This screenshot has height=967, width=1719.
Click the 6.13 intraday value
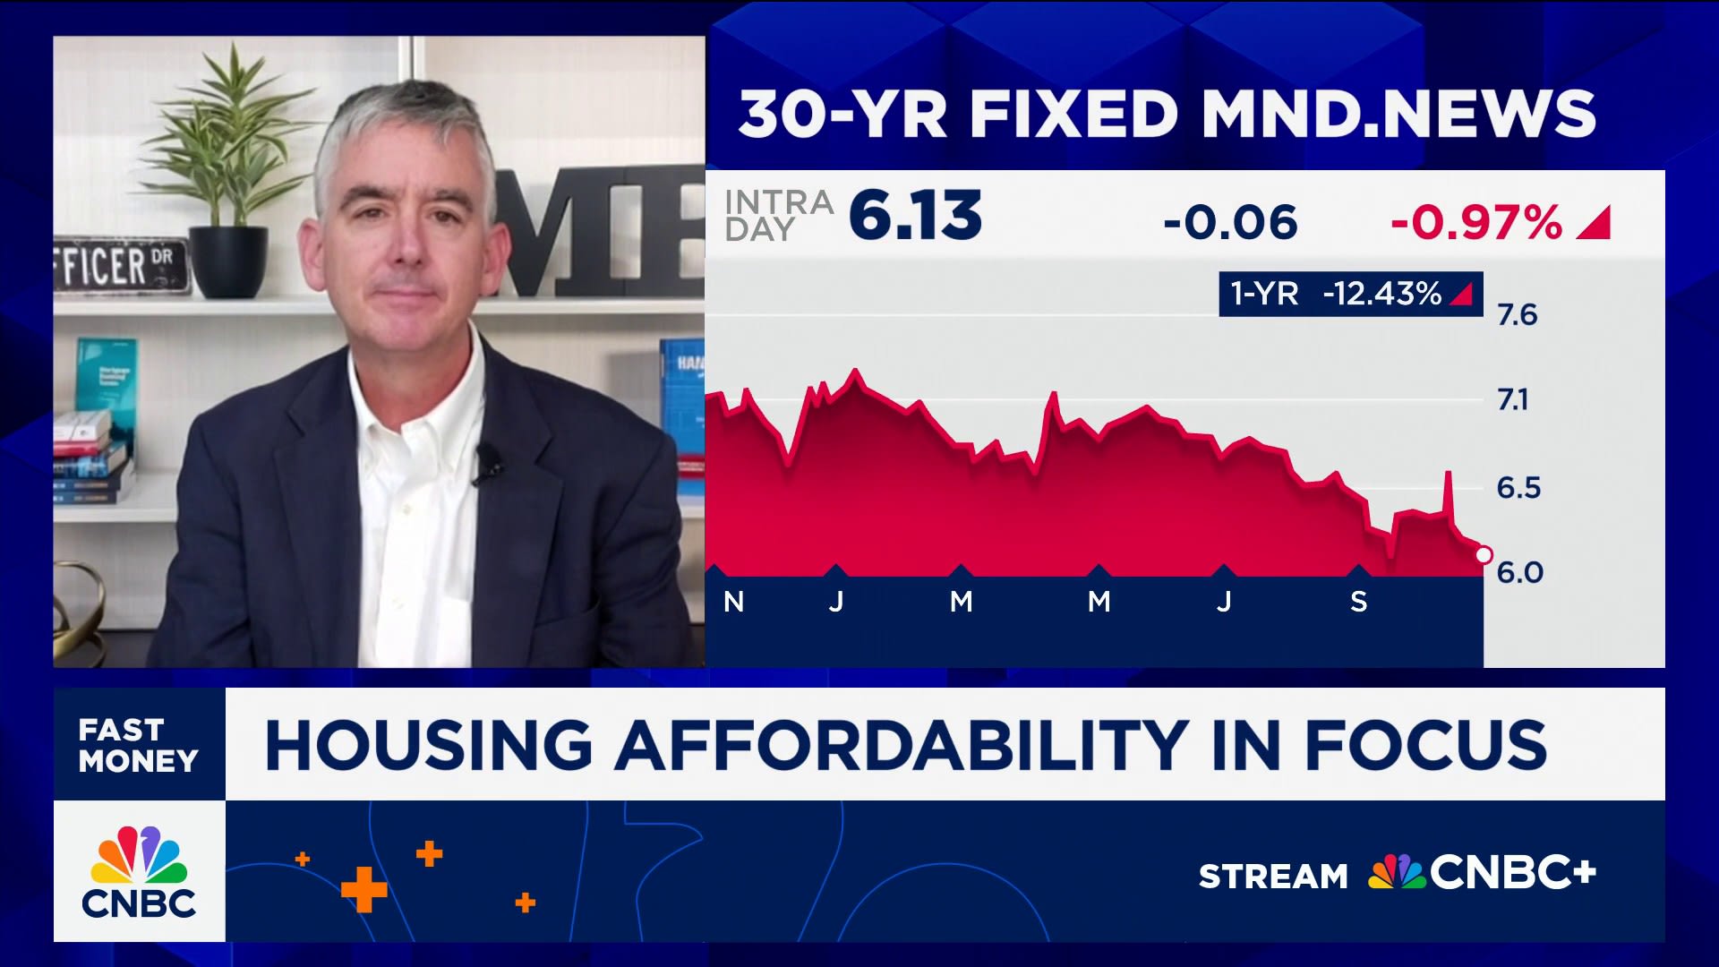(914, 217)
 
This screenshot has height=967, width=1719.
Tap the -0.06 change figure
(1229, 222)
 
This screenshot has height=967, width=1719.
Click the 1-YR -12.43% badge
(1350, 294)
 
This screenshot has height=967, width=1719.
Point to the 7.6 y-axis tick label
(1517, 315)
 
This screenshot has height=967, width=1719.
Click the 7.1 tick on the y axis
(1513, 399)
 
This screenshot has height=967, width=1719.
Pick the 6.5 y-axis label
(1518, 488)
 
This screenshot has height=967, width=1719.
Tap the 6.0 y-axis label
(1519, 572)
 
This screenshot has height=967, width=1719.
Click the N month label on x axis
(733, 602)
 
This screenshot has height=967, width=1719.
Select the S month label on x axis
(1358, 602)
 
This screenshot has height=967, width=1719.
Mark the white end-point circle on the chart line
(1483, 555)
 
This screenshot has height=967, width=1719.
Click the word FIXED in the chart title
(1073, 115)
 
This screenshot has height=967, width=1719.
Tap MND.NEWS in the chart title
(1398, 115)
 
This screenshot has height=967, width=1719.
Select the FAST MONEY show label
(138, 745)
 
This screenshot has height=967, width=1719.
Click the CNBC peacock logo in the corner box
(139, 858)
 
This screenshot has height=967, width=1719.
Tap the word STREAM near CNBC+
(1272, 876)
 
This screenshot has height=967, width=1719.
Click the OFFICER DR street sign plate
(121, 267)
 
